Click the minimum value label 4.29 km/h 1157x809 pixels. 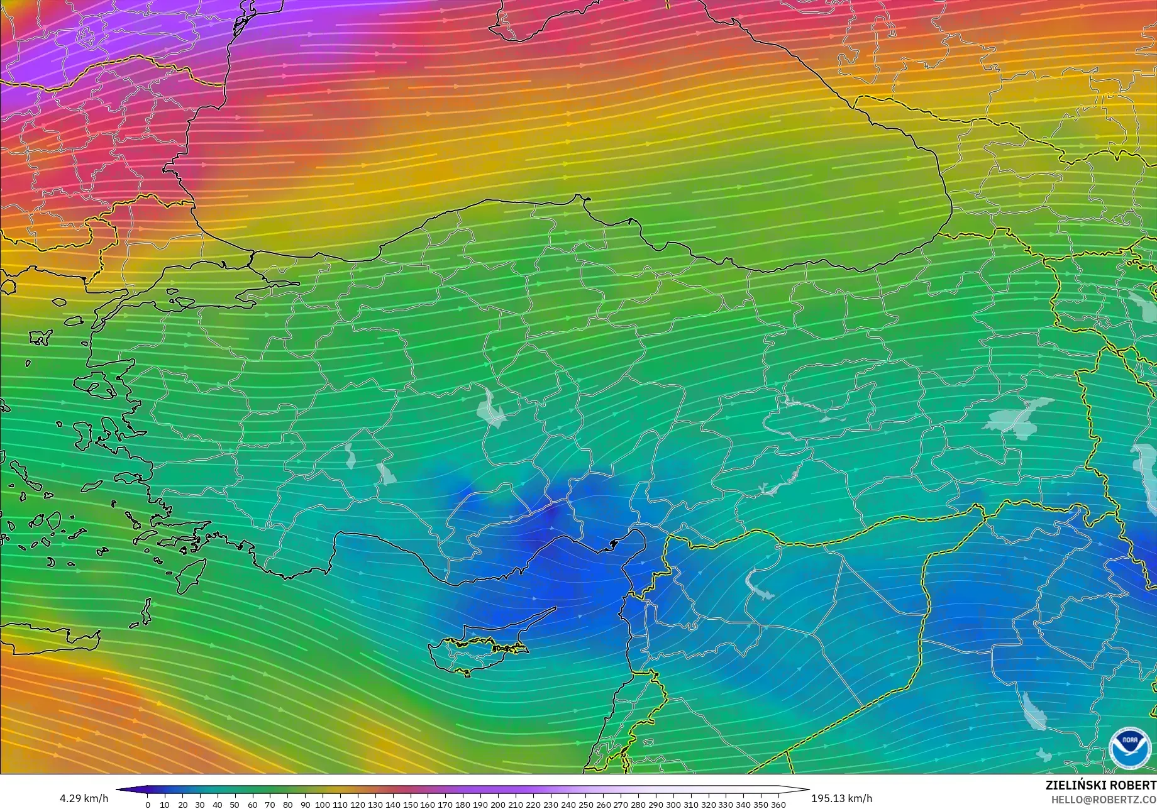[x=84, y=798]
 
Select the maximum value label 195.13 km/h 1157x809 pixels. [x=841, y=798]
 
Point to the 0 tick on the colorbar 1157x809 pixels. [x=148, y=805]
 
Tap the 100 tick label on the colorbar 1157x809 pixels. [x=322, y=805]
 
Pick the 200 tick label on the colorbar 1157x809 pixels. [x=497, y=805]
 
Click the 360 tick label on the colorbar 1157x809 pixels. [x=778, y=805]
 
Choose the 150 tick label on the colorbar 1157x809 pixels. [x=410, y=805]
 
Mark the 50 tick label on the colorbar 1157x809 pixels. [x=235, y=805]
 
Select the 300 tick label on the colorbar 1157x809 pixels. [x=673, y=805]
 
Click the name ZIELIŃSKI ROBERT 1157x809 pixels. [x=1100, y=785]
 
